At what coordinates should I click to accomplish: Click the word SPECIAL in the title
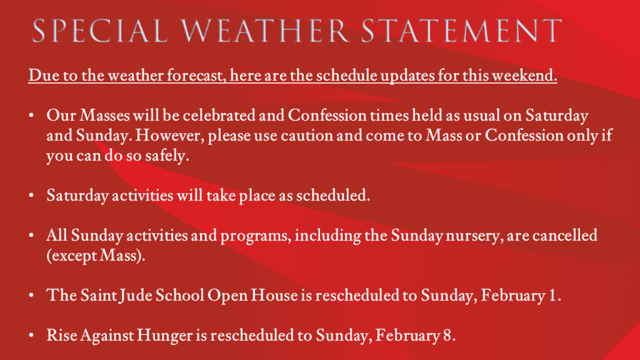pos(100,31)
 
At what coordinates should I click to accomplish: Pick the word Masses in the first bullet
pos(104,116)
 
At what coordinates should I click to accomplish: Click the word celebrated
pos(219,116)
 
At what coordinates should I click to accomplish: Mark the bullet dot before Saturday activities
pos(31,196)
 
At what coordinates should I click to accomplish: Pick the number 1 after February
pos(553,296)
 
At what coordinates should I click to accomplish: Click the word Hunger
pos(165,336)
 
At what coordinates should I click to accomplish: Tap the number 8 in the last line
pos(447,336)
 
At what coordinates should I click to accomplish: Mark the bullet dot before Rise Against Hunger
pos(31,336)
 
